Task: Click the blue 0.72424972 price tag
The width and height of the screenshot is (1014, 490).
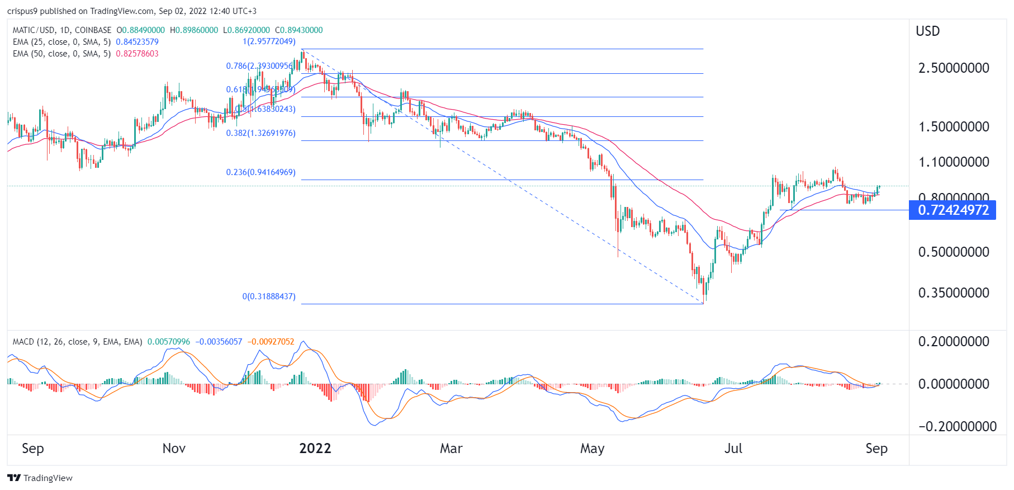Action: pos(953,210)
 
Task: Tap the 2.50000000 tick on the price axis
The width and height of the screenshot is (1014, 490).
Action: pos(954,68)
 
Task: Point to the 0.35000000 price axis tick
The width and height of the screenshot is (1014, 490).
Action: pos(954,293)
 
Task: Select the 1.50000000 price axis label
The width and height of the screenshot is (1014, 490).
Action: pos(954,127)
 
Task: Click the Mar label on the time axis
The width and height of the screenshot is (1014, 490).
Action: pos(451,449)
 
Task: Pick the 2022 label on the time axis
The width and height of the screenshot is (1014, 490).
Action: pos(315,449)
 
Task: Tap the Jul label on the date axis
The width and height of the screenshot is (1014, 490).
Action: pos(733,449)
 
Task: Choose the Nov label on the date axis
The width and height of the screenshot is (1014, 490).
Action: pos(174,449)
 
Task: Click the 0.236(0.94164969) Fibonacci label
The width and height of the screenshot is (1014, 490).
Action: pos(260,172)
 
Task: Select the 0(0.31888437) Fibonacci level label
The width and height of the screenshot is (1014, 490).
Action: pos(269,296)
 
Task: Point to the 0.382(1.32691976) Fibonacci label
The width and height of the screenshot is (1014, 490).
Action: pos(260,133)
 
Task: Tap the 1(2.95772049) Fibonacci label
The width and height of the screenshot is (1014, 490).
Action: pos(269,41)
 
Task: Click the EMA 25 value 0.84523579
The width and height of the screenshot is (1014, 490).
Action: pos(137,42)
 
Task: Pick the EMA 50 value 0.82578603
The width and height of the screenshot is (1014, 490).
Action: pos(137,54)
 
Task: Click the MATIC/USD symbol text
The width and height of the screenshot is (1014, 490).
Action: pos(33,30)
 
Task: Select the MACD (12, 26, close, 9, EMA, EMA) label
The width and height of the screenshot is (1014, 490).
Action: pos(77,342)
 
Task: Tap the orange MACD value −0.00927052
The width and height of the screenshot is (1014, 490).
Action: pos(272,342)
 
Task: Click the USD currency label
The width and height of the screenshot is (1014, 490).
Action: pos(927,31)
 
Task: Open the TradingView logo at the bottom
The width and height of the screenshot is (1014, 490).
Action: pos(40,478)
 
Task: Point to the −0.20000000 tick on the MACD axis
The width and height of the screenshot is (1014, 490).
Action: pos(957,427)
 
